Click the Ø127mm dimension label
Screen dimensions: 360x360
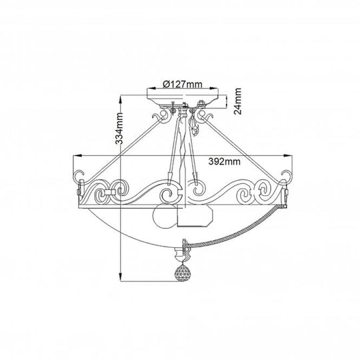click(x=183, y=84)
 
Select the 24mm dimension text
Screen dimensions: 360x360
click(x=237, y=101)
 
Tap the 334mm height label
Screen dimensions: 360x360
click(x=119, y=129)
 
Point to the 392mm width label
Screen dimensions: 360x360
click(x=224, y=161)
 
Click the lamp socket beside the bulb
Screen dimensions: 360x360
click(x=195, y=216)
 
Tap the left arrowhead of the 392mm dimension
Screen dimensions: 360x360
click(x=77, y=155)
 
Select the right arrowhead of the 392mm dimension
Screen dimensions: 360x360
click(x=288, y=155)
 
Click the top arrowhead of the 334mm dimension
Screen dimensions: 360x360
click(x=121, y=99)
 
